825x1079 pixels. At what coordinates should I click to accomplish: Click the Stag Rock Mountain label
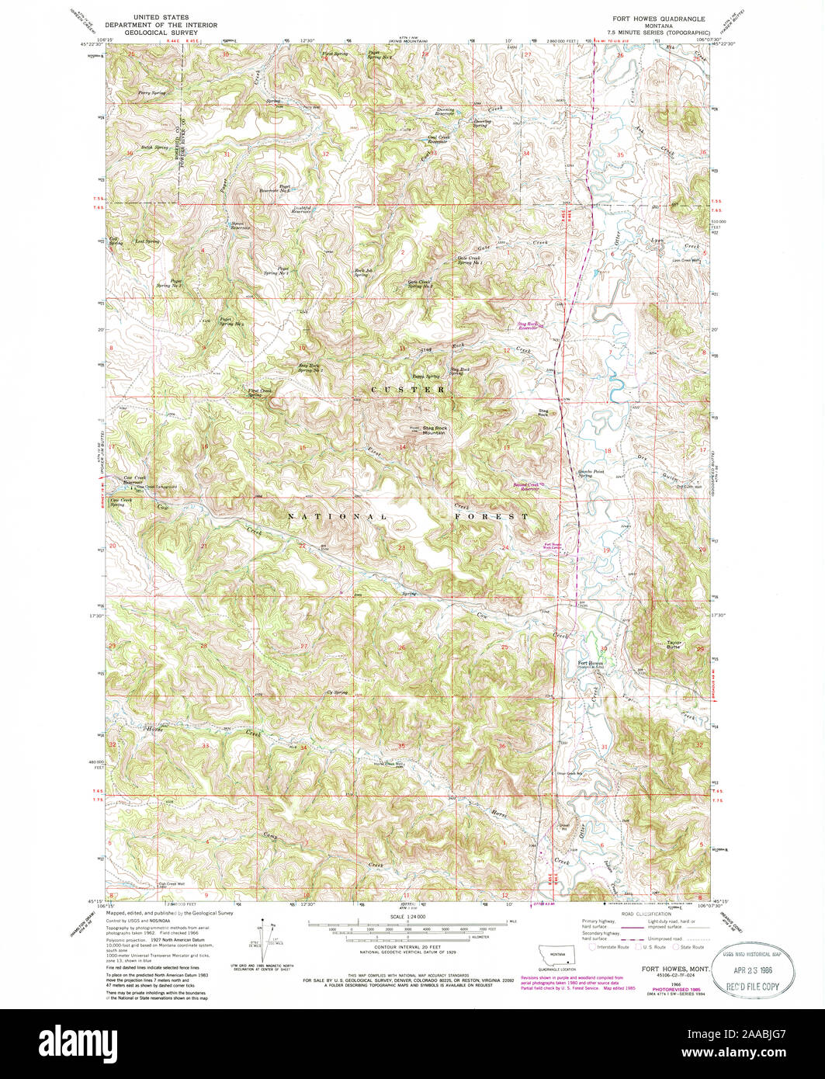[434, 429]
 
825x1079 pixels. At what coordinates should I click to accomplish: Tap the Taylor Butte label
[674, 644]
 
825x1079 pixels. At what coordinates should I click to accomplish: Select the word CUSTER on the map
[408, 389]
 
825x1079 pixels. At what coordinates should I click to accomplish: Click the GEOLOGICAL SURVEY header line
[158, 31]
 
